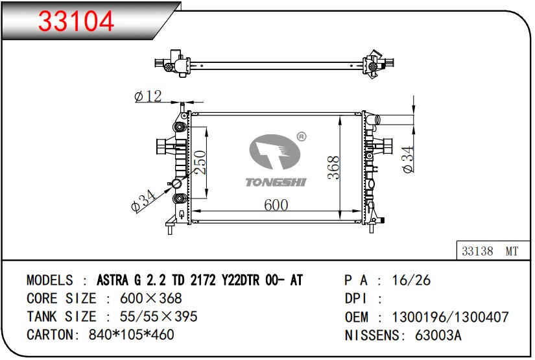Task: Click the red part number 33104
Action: pyautogui.click(x=76, y=21)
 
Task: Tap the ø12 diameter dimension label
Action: pyautogui.click(x=148, y=96)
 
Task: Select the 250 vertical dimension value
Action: pyautogui.click(x=200, y=163)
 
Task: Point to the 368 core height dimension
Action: pyautogui.click(x=333, y=167)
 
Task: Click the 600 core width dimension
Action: pyautogui.click(x=276, y=205)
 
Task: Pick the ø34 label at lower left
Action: pyautogui.click(x=144, y=200)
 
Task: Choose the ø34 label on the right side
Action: pyautogui.click(x=408, y=160)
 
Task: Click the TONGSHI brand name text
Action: pyautogui.click(x=276, y=182)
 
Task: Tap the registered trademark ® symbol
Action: pyautogui.click(x=302, y=137)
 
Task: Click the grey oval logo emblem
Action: pyautogui.click(x=275, y=152)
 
